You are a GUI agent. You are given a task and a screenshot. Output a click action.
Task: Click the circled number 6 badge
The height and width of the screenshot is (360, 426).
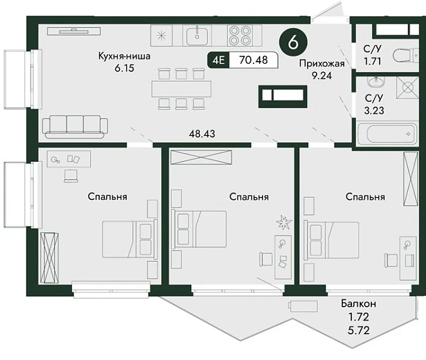[293, 42]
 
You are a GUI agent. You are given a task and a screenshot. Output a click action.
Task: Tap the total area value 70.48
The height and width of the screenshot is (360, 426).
[254, 59]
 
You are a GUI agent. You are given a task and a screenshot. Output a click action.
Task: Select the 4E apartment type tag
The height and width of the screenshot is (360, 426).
[219, 60]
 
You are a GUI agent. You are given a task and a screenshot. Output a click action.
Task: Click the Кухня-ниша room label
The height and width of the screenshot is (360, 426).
[124, 56]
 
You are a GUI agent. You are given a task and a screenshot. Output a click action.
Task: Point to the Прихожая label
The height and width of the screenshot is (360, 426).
[322, 63]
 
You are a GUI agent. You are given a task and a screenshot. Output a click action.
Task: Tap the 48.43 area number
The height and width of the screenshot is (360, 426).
[202, 134]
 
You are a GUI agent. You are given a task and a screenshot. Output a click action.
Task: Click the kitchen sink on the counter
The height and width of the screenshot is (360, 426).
[197, 35]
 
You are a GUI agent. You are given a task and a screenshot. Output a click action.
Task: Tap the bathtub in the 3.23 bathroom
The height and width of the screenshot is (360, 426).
[387, 134]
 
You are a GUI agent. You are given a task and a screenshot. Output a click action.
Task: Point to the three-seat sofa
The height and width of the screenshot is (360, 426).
[75, 127]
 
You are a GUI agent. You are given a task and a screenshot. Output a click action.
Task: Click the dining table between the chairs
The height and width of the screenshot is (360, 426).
[181, 89]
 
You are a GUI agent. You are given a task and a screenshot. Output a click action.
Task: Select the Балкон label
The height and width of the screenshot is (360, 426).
[358, 303]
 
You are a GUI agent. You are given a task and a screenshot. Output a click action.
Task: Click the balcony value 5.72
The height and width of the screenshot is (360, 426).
[358, 330]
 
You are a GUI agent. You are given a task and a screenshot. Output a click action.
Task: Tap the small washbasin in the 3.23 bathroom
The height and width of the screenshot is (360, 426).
[376, 81]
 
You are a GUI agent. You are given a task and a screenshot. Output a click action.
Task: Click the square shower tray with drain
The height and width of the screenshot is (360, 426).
[407, 87]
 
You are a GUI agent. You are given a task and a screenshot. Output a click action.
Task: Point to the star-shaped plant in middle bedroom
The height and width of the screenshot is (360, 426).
[284, 222]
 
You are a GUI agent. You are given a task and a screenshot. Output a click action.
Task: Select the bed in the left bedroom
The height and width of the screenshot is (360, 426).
[130, 239]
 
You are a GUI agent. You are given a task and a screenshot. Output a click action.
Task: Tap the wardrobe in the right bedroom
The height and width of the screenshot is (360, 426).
[411, 179]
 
